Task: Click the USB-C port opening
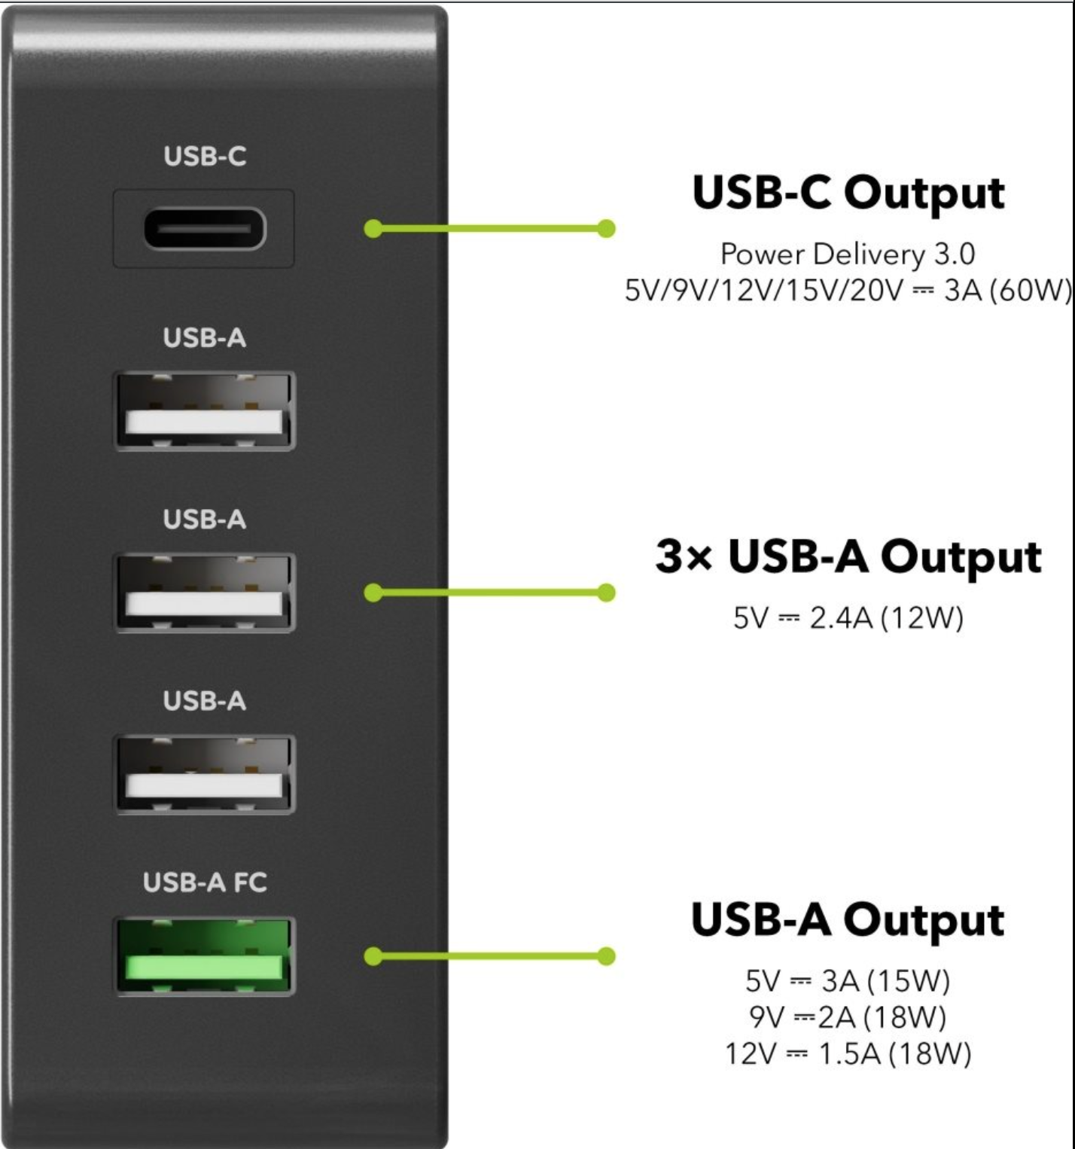pos(204,229)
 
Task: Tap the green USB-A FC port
pos(204,957)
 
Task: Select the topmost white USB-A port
pos(204,411)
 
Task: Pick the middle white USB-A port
pos(204,593)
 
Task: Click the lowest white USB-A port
pos(204,775)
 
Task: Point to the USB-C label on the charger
pos(205,157)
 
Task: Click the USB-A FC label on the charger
pos(205,882)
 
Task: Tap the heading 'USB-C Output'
pos(848,194)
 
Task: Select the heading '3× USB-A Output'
pos(848,558)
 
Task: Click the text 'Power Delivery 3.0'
pos(848,254)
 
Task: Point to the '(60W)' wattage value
pos(1030,290)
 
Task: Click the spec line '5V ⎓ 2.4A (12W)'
pos(848,618)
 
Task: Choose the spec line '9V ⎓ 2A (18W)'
pos(848,1017)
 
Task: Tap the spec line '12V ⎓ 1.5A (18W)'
pos(848,1053)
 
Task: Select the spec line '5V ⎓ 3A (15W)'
pos(848,981)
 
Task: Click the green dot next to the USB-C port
pos(373,228)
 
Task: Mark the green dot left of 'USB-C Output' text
pos(606,228)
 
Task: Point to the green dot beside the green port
pos(373,956)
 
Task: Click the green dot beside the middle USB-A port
pos(373,593)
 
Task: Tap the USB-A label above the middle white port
pos(205,520)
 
